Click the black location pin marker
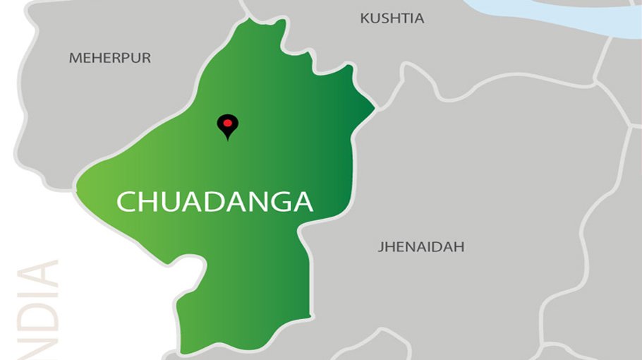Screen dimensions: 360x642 point(227,126)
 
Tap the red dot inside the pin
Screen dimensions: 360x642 point(227,123)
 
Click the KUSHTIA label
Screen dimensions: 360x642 point(392,19)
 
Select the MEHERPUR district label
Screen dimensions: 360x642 point(110,59)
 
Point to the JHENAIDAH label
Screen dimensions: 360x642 point(421,247)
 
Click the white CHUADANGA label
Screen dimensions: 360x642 point(214,202)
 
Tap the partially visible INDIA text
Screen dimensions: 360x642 point(44,311)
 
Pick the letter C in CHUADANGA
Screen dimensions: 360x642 point(127,202)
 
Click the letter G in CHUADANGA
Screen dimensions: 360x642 point(277,202)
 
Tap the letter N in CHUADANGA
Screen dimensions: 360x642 point(253,202)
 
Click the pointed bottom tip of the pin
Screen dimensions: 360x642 point(227,139)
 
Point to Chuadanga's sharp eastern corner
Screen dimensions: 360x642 point(373,107)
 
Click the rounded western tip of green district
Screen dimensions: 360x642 point(78,185)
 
